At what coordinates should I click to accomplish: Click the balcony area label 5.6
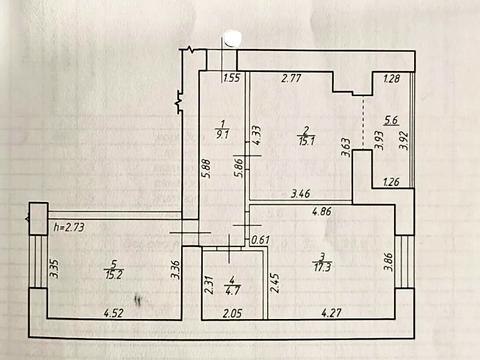pos(391,120)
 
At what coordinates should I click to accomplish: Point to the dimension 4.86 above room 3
pos(321,212)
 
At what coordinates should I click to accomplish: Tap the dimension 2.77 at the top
pos(291,78)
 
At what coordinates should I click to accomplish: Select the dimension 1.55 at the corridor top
pos(231,78)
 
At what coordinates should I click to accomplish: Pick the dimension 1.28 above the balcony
pos(391,78)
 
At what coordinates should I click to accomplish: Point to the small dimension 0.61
pos(260,239)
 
